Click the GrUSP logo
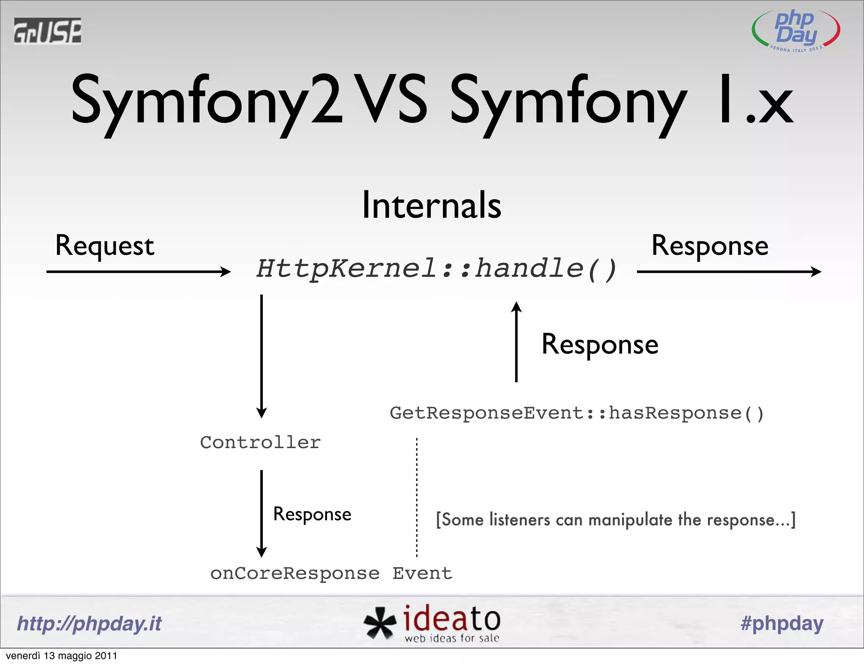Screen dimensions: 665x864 47,31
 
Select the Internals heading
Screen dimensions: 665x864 432,205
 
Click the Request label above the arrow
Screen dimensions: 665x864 105,246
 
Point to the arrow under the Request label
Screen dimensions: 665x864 138,272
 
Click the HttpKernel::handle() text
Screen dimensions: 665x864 437,269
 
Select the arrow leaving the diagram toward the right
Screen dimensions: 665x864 729,272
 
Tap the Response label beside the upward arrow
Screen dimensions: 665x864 599,344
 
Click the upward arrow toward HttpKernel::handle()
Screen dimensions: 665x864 516,342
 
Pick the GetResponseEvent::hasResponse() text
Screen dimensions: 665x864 577,413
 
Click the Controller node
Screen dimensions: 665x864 260,443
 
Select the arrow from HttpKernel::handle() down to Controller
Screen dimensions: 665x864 262,357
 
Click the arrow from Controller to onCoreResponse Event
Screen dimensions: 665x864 262,514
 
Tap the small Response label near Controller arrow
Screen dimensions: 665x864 312,514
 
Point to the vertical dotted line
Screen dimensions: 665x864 417,498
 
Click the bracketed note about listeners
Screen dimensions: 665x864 616,519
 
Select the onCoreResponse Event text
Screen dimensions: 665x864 331,573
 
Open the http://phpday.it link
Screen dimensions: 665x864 89,623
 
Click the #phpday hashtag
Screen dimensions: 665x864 782,623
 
